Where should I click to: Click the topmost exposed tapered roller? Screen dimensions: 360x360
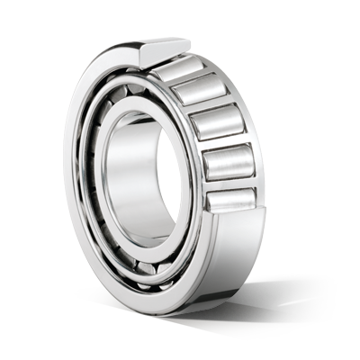click(187, 67)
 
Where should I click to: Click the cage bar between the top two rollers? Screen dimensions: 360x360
click(200, 81)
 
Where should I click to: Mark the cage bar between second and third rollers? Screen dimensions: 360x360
click(217, 112)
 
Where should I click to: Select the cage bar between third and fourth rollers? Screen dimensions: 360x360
click(226, 148)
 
